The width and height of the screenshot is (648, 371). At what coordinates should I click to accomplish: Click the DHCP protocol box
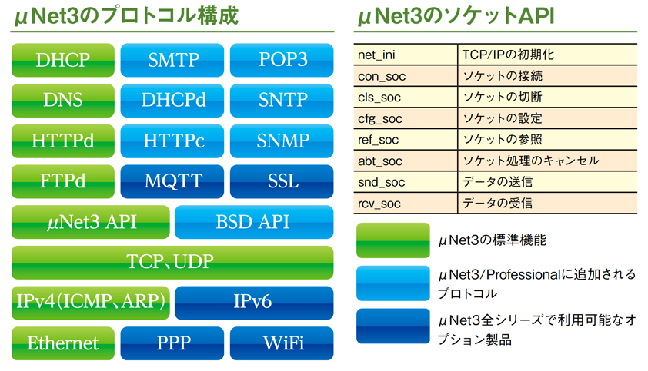63,60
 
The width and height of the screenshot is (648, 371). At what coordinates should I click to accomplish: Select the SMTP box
172,60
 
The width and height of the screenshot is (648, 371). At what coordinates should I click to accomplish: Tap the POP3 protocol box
282,60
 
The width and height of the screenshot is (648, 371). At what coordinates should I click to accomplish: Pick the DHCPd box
172,101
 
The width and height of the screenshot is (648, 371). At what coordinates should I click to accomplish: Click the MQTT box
172,181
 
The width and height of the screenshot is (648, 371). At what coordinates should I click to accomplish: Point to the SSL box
282,181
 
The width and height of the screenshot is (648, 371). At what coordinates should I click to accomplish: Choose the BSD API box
254,222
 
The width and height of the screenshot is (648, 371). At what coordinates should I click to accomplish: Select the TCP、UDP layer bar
172,263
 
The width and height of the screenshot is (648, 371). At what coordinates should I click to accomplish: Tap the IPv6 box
254,303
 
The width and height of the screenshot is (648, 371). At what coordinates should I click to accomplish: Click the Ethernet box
63,343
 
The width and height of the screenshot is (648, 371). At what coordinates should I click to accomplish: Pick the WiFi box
282,343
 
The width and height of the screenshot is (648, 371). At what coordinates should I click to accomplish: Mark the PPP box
172,343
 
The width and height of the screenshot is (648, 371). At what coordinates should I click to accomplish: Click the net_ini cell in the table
406,55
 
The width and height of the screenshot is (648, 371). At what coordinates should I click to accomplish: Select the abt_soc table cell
406,161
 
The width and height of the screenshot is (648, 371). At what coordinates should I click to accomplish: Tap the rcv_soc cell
406,203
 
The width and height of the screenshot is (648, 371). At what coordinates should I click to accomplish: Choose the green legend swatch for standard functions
393,240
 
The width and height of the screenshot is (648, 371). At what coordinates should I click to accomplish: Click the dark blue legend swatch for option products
393,326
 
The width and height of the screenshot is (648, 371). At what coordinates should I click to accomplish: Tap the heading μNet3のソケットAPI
455,16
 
